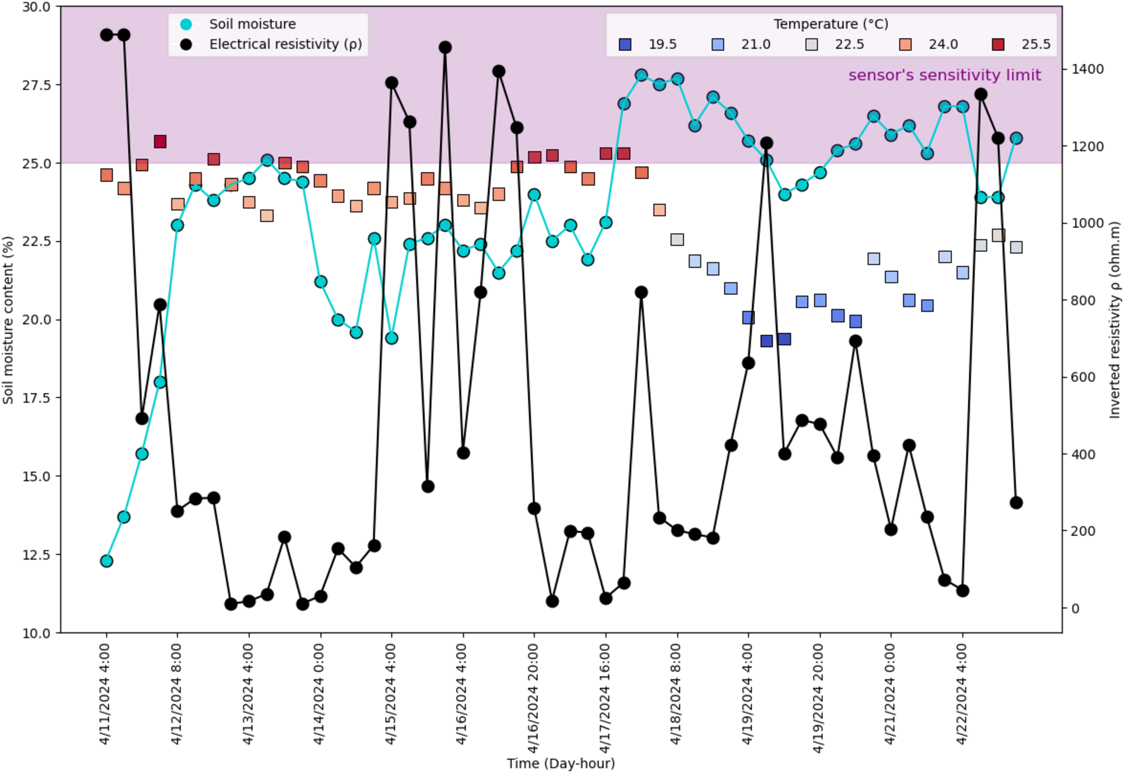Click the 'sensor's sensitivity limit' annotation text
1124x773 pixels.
point(944,75)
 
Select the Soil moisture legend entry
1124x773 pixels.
point(252,24)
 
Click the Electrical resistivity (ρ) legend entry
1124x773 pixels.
point(285,44)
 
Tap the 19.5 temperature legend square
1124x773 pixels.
point(625,45)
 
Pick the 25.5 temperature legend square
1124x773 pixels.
point(998,45)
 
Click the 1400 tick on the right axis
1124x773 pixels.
point(1086,69)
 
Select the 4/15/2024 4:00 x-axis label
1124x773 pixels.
point(390,694)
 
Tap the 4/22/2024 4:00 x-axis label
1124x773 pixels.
point(961,694)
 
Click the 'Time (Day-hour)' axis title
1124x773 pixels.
point(560,763)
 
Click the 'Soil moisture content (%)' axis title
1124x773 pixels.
point(8,320)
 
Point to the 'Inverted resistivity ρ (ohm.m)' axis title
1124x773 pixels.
point(1114,320)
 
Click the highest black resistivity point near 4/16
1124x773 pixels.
point(445,48)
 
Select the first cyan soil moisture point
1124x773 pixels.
point(106,561)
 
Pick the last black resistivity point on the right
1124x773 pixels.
point(1016,503)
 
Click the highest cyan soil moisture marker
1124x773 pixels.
point(641,75)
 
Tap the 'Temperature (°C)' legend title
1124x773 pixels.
point(831,24)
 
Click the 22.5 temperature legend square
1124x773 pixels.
point(811,45)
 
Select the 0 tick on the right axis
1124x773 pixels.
point(1075,608)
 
